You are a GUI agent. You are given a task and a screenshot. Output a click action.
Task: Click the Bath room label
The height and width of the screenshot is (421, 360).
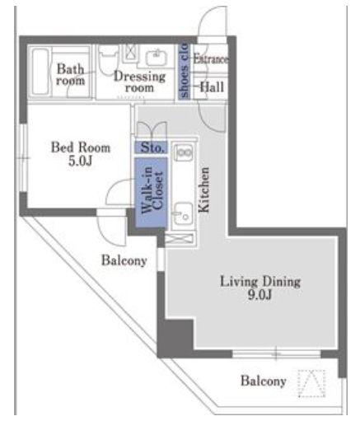pos(71,74)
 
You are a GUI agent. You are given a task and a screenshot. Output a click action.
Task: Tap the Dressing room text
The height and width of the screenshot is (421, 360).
pos(139,82)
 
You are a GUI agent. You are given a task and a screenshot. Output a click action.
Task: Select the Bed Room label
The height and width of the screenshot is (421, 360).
pos(81,147)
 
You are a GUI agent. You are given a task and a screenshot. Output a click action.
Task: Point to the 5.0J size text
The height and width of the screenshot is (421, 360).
pos(80,161)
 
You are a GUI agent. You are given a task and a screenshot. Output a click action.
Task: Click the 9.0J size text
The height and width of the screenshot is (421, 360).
pos(259,295)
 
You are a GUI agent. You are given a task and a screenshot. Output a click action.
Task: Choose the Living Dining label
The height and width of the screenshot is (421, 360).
pos(260,282)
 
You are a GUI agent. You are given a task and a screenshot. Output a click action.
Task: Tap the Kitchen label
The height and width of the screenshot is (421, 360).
pos(204,189)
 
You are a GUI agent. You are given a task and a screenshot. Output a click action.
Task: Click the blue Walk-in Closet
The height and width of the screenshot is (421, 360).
pos(151,193)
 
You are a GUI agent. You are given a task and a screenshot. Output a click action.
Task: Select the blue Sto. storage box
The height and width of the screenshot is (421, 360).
pos(151,147)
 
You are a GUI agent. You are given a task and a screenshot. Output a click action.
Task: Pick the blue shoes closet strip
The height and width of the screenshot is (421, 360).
pos(184,71)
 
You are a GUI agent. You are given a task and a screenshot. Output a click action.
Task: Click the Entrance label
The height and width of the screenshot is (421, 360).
pos(210,58)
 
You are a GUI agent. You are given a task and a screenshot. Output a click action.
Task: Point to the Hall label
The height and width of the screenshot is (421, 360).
pos(212,87)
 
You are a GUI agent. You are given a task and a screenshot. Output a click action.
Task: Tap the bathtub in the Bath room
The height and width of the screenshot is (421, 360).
pos(40,72)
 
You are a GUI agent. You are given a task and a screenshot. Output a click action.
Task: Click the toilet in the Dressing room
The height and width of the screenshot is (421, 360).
pos(109,60)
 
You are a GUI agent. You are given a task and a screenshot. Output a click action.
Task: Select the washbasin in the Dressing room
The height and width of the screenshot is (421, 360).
pos(157,58)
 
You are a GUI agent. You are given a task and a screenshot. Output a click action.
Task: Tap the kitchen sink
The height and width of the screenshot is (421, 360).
pos(184,213)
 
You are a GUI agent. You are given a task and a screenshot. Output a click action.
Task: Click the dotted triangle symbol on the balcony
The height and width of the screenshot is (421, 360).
pos(312,383)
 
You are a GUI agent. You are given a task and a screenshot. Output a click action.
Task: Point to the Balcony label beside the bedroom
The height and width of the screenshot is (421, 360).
pos(124,260)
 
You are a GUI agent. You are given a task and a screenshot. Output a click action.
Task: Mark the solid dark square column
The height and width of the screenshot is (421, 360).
pos(175,337)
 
